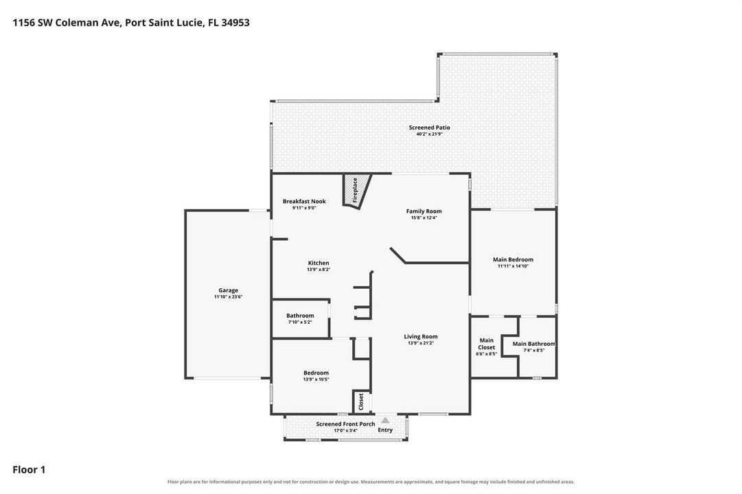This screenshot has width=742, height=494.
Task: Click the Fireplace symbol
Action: tap(357, 191)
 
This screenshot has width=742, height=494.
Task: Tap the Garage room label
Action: tap(228, 290)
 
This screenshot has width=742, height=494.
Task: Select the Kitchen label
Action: tap(318, 263)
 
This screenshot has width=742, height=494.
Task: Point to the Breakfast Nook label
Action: tap(304, 202)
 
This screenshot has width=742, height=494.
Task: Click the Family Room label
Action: tap(424, 211)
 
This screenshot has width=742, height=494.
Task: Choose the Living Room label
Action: tap(421, 337)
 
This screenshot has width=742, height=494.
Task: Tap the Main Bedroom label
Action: tap(513, 260)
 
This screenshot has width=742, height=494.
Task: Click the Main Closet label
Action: tap(487, 344)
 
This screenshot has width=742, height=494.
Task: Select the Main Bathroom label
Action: tap(534, 344)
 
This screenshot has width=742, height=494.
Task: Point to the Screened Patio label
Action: tap(430, 128)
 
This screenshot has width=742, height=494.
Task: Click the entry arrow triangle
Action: tap(385, 420)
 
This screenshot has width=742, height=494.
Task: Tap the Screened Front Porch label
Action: tap(345, 425)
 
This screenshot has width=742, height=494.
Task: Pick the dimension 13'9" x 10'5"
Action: tap(316, 379)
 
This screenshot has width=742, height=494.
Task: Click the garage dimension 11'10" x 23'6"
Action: tap(228, 297)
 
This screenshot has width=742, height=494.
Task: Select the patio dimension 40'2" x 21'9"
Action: tap(430, 134)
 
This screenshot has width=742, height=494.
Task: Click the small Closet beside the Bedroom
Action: tap(361, 402)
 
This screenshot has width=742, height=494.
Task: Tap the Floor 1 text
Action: tap(29, 470)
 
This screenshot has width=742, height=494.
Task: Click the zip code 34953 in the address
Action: tap(235, 23)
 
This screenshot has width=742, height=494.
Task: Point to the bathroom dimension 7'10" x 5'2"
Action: tap(300, 322)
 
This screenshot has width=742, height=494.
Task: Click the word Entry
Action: tap(385, 430)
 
